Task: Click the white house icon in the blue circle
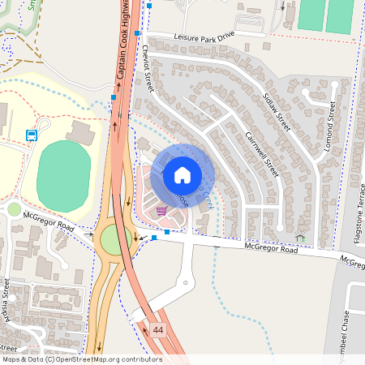point(182,174)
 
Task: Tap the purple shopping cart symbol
point(161,210)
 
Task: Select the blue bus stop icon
point(32,135)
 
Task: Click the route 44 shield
point(157,329)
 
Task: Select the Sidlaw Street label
point(277,110)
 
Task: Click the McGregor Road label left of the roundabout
point(49,221)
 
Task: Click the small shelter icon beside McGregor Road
point(299,238)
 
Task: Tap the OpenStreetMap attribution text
point(81,359)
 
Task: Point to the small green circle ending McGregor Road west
point(14,209)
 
